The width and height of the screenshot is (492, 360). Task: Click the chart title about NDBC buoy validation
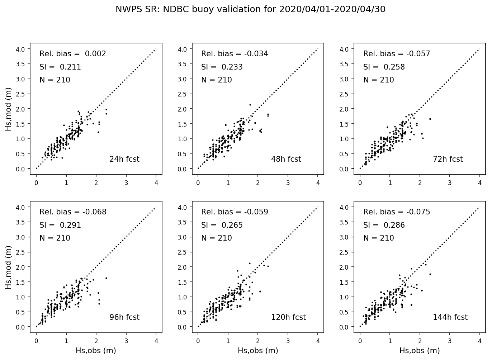(x=250, y=9)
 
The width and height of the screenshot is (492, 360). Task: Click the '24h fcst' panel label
(x=124, y=159)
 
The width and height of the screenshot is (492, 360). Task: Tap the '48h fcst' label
(x=286, y=159)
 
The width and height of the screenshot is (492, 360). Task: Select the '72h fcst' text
(x=448, y=159)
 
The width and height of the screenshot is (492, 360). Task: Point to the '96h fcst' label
(x=124, y=317)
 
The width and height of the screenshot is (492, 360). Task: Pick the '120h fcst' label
(x=288, y=317)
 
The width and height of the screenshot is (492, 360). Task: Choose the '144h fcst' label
(x=450, y=317)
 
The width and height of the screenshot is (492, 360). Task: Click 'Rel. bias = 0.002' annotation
(x=73, y=54)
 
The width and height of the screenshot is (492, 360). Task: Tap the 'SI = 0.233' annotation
(x=222, y=67)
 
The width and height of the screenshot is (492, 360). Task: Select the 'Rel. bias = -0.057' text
(x=397, y=54)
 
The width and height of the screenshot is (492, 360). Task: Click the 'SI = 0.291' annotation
(x=60, y=225)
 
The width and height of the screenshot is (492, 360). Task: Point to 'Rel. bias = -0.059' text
(x=235, y=212)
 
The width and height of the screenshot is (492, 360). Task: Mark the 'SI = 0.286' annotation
(x=384, y=225)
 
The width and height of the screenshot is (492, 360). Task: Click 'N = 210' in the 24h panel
(x=55, y=80)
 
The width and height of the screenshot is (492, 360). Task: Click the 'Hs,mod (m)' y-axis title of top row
(x=8, y=109)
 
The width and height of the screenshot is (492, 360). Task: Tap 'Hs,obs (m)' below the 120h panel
(x=258, y=350)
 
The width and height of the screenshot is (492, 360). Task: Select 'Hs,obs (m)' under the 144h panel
(x=420, y=350)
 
